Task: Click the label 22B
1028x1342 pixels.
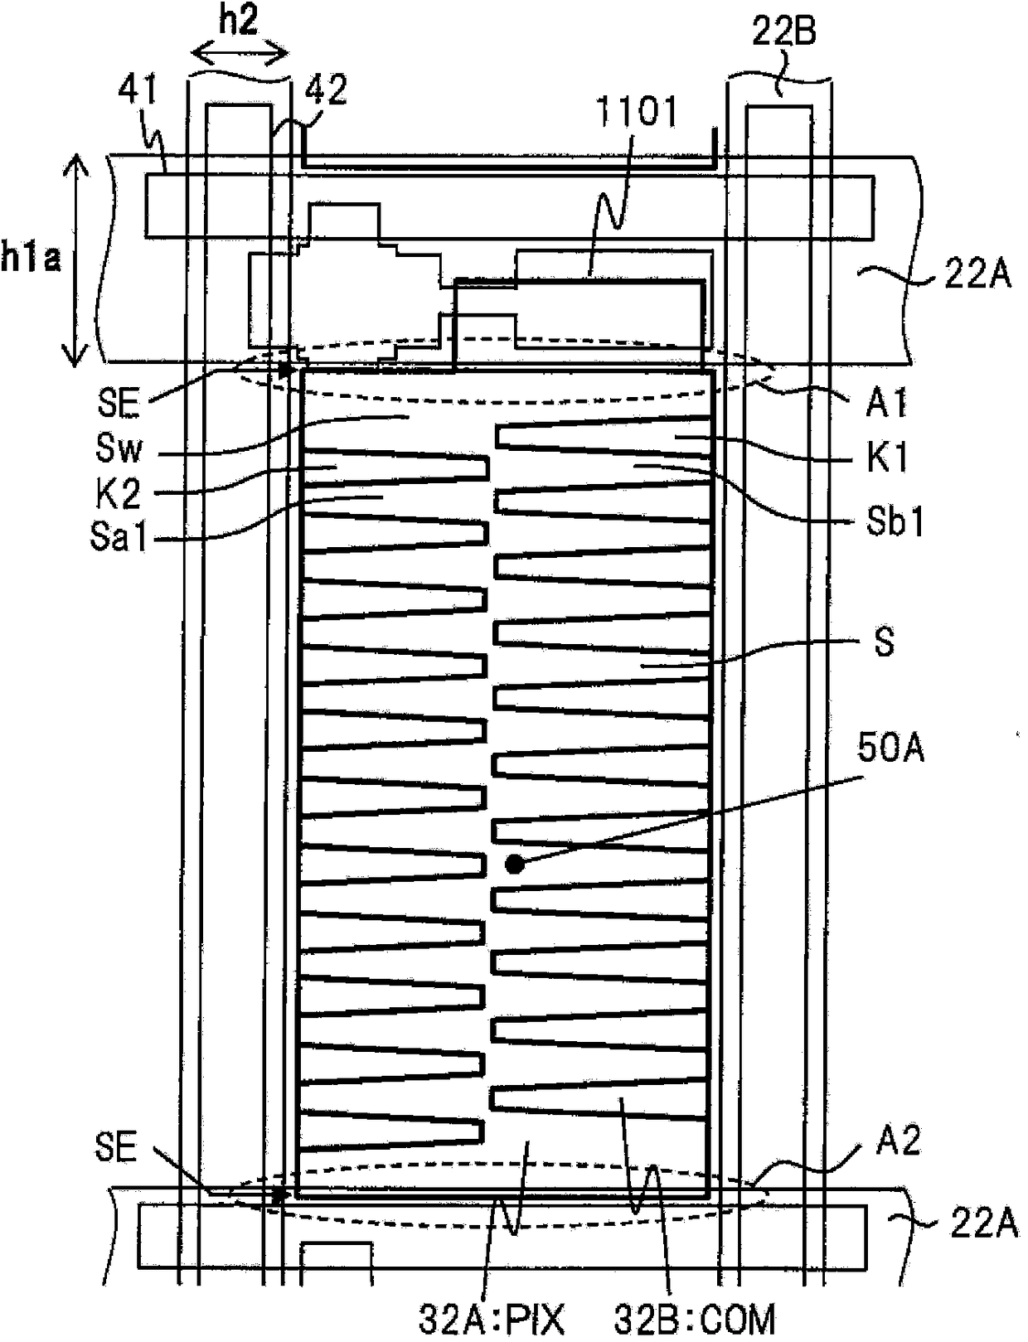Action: [x=783, y=31]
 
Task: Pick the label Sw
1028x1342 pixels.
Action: [x=119, y=449]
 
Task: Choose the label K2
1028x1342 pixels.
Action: [x=118, y=494]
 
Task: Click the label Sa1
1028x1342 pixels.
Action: [x=119, y=538]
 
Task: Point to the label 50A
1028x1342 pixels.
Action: [x=891, y=749]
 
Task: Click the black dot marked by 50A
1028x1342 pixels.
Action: [x=515, y=865]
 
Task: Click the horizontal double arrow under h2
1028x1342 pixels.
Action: [x=240, y=54]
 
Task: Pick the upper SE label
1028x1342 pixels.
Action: [x=118, y=404]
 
